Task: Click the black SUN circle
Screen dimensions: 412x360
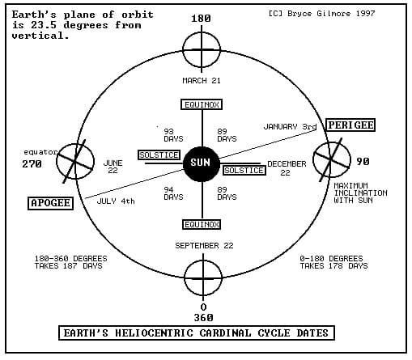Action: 202,163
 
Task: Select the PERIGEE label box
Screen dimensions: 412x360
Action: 350,125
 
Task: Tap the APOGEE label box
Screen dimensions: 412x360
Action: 50,203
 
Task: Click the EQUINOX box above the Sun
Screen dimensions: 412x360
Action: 202,104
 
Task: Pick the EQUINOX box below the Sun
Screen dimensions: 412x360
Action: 202,224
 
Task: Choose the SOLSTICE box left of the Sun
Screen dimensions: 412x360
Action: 159,155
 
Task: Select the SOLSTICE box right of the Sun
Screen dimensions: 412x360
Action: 244,171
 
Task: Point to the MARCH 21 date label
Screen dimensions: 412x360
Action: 202,81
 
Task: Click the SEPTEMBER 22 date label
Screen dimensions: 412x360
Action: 204,246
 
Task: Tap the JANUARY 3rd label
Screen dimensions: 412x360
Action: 290,127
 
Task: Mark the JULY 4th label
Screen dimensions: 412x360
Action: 116,201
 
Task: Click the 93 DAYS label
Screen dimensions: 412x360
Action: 173,135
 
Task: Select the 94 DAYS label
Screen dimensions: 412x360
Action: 173,193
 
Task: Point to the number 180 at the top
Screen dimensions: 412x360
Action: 201,19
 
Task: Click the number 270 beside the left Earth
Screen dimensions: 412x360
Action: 32,164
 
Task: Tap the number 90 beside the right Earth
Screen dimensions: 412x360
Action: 363,162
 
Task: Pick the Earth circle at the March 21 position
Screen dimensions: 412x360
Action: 183,50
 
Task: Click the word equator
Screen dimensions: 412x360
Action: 40,152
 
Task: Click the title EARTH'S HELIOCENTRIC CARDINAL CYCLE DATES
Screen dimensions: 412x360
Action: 197,333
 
